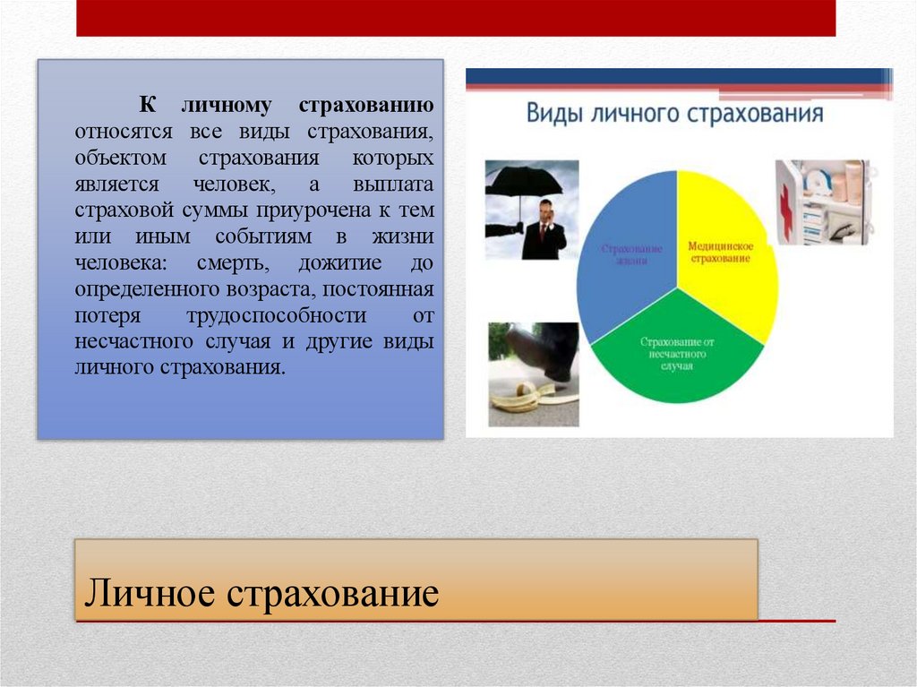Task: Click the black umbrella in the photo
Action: click(x=523, y=182)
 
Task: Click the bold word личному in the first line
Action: click(x=226, y=106)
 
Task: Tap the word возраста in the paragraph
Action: click(x=275, y=289)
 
